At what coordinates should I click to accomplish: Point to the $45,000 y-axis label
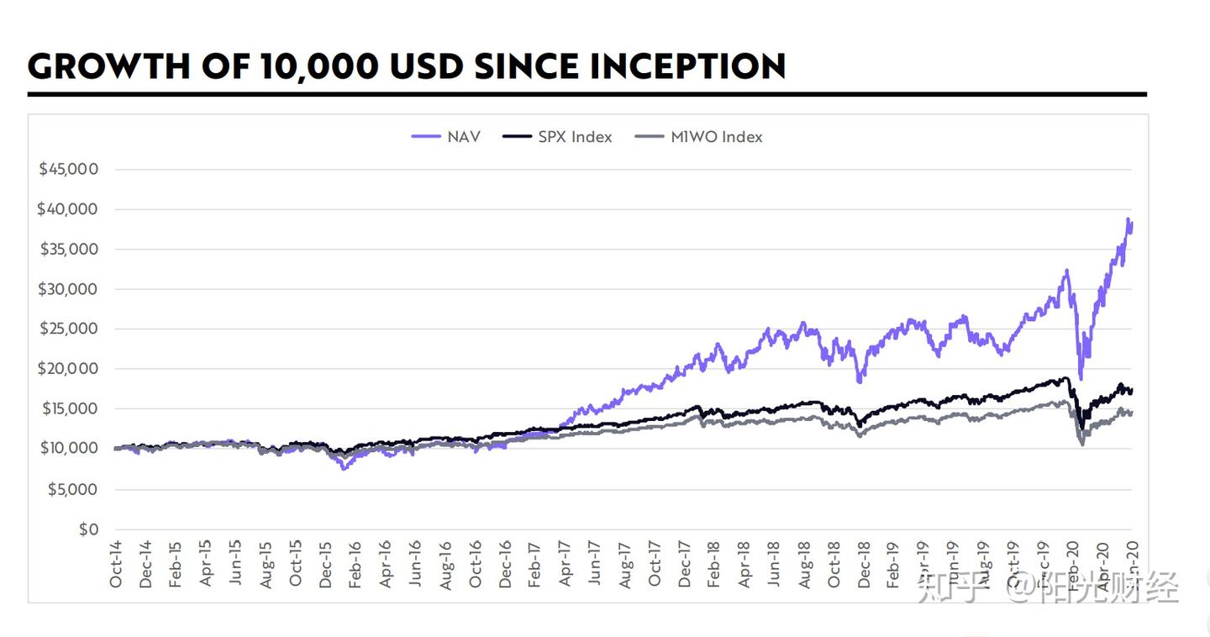point(68,169)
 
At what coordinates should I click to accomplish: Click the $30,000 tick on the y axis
point(68,289)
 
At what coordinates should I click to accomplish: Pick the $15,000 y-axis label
point(68,409)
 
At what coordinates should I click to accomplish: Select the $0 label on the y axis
point(88,529)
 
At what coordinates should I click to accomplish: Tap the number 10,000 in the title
point(323,66)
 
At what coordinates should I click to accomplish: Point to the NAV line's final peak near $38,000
point(1128,220)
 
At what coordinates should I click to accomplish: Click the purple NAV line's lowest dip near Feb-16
point(344,468)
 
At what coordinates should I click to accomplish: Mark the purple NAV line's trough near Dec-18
point(859,381)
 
